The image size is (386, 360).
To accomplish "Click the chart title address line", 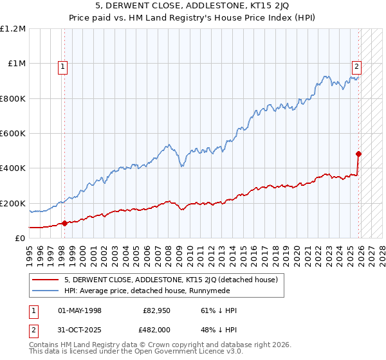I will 192,7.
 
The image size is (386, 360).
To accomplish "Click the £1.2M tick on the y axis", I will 13,29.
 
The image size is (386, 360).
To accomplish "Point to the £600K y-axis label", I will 13,134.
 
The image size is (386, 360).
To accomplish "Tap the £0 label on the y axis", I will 21,238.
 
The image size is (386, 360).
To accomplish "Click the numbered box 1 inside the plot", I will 63,65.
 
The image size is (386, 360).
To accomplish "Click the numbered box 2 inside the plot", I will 356,65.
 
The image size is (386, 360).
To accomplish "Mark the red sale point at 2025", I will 358,154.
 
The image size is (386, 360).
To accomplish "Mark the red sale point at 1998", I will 65,224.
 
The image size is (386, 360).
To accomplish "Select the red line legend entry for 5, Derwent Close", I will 170,280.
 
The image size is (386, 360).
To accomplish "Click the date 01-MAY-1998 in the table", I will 80,310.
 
